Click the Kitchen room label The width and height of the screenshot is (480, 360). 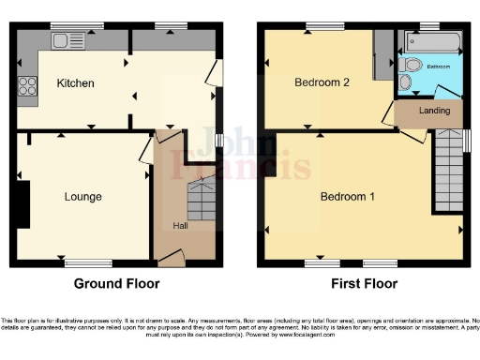75,83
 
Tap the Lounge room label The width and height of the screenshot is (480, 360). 82,197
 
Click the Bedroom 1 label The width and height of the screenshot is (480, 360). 348,197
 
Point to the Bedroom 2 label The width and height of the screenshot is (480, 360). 322,82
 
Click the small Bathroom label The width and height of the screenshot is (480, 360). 439,67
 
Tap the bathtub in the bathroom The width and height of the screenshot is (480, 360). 432,42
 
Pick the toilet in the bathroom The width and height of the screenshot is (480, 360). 405,82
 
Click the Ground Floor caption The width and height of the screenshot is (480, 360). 116,283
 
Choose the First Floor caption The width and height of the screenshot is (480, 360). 365,283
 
